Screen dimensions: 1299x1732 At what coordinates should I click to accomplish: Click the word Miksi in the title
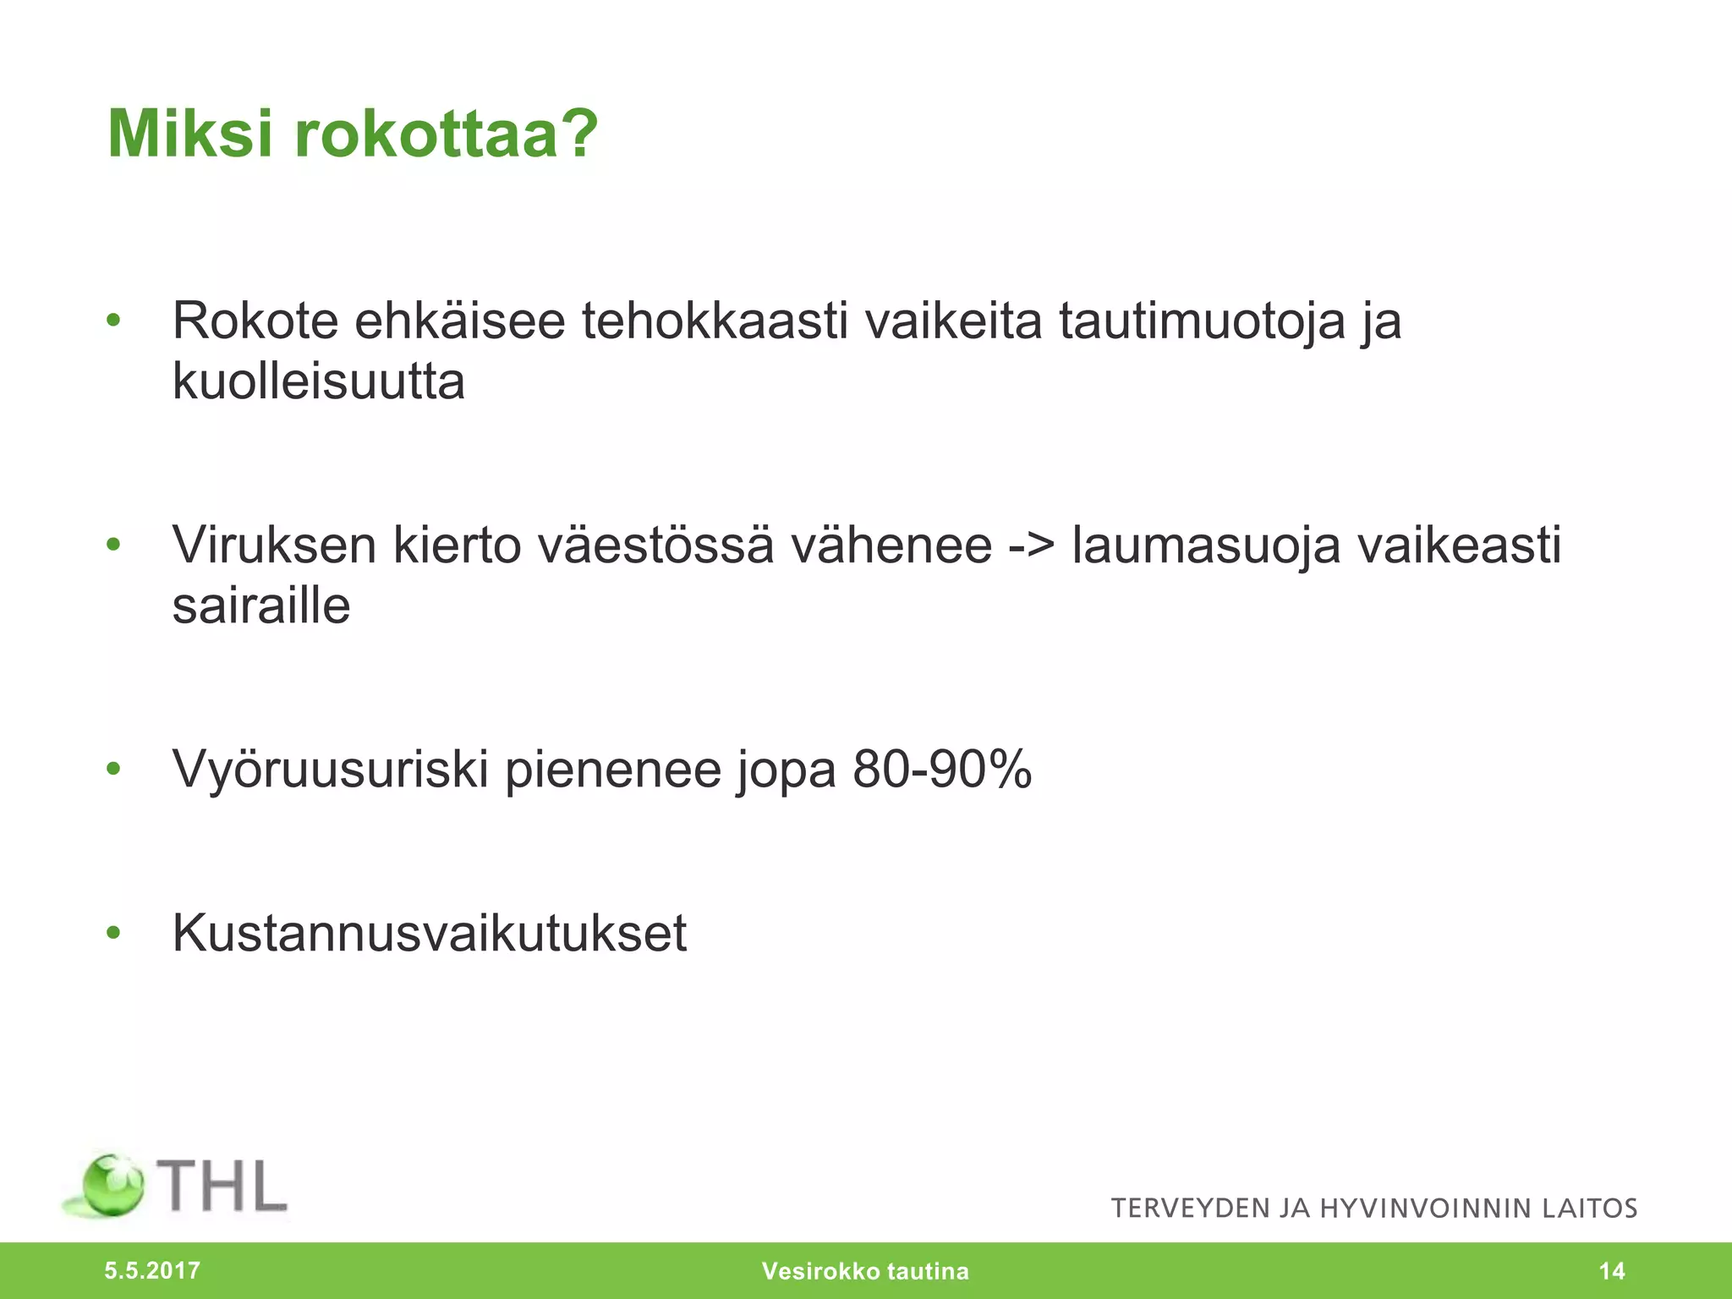191,134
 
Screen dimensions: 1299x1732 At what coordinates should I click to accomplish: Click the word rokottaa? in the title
447,134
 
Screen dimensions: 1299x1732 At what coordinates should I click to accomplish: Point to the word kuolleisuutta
319,382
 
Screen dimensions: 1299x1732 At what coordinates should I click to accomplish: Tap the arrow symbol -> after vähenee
1032,545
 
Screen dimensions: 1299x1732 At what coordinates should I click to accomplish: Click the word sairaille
261,606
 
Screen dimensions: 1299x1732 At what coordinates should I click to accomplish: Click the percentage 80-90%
942,770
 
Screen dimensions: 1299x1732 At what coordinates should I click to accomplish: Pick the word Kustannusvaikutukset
430,934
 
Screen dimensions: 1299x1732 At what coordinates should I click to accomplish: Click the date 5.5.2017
152,1270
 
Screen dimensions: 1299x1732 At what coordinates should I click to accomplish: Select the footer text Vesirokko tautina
865,1271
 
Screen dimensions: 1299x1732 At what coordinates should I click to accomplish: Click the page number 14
1612,1271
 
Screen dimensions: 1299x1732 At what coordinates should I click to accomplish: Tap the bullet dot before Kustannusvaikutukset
114,934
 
